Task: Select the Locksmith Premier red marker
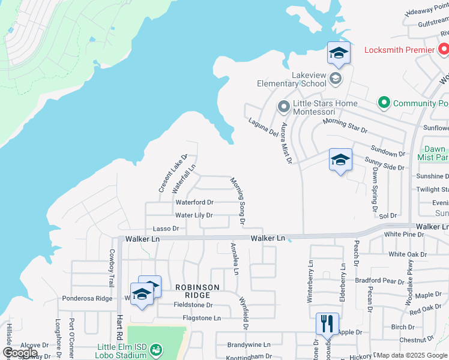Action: click(442, 49)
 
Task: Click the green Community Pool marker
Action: click(384, 103)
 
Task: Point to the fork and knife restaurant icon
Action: click(327, 323)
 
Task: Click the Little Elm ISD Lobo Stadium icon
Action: click(156, 349)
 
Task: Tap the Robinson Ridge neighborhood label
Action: click(193, 291)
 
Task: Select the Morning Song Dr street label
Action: click(238, 200)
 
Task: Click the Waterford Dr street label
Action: click(194, 202)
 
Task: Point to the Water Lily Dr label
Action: click(194, 215)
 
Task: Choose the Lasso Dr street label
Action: click(166, 229)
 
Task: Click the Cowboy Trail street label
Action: click(111, 268)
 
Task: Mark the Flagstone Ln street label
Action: click(194, 318)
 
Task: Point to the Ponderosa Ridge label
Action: click(87, 298)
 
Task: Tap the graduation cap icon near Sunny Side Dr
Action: click(340, 160)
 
